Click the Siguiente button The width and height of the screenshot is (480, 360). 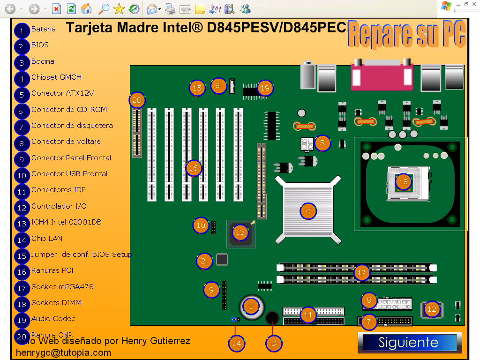408,343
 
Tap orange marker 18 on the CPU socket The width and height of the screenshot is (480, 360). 403,182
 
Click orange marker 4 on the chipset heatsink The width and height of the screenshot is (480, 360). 308,211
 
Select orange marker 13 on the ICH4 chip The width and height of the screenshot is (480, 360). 240,232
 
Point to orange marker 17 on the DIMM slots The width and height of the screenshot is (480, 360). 361,272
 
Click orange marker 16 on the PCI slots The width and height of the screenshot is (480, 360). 194,168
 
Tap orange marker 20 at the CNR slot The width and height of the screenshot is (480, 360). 137,100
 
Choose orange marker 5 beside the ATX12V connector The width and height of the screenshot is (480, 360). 322,143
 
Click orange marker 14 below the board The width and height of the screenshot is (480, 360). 237,344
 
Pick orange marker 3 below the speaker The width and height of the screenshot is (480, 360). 274,344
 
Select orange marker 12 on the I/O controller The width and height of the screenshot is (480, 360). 432,309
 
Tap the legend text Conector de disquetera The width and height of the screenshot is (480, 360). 72,126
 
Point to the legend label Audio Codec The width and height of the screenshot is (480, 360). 53,319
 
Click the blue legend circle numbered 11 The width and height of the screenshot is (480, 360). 22,192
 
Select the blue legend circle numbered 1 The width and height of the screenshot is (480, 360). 22,30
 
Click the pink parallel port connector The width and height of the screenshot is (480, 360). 382,75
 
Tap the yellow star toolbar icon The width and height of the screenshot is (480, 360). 119,8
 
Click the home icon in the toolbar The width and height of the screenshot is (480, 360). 86,8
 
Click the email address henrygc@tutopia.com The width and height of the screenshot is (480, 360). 63,352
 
